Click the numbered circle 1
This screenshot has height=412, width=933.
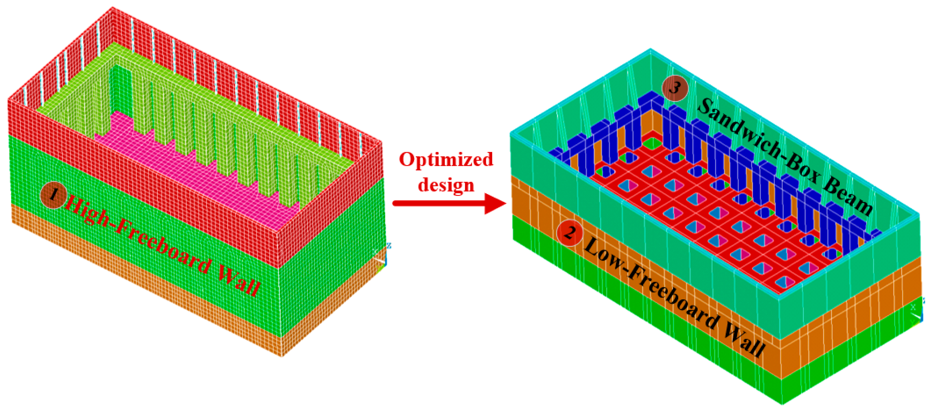[53, 195]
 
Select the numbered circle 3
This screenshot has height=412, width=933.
[674, 88]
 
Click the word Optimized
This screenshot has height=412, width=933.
[446, 160]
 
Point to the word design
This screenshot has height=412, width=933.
[446, 185]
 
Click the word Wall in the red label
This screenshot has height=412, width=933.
[239, 282]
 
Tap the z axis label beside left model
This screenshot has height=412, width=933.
[389, 246]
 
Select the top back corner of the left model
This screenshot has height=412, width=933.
[113, 8]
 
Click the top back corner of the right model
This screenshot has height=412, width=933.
[650, 50]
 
